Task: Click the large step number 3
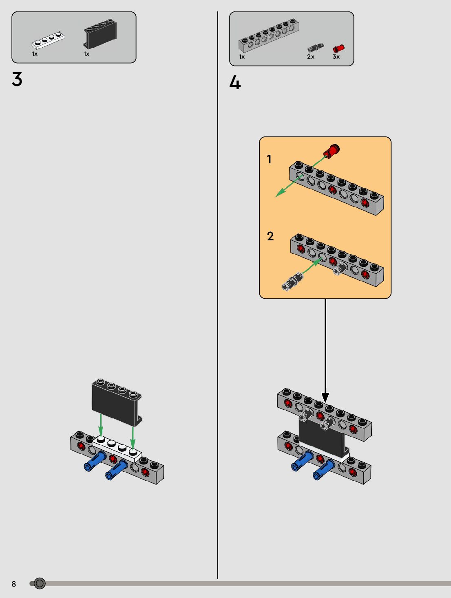17,79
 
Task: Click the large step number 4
235,82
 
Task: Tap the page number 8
14,584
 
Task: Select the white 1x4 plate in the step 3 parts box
48,40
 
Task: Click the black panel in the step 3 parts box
100,34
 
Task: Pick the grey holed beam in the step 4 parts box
269,35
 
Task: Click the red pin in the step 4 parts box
339,48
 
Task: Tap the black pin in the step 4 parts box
316,47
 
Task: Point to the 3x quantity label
336,57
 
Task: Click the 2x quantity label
311,57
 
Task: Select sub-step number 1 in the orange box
269,159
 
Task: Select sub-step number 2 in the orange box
270,236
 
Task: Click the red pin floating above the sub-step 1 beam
332,151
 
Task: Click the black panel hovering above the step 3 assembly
117,402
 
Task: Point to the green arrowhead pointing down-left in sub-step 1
279,193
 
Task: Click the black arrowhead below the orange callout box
325,397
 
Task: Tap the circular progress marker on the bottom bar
40,583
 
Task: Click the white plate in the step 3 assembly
117,448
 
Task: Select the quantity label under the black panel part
86,54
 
